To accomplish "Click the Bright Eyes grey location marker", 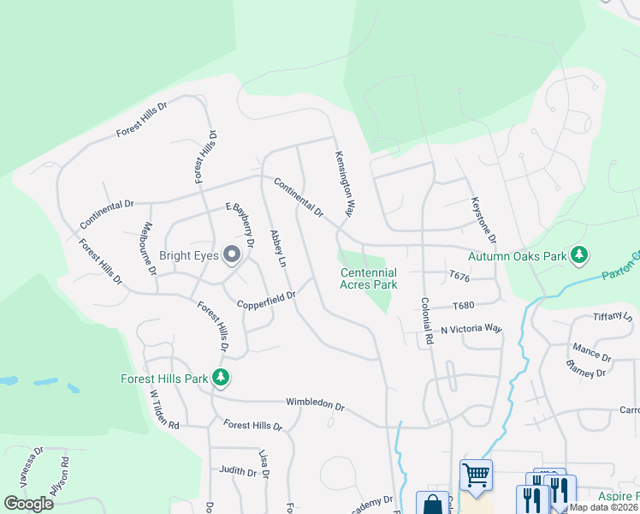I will (231, 254).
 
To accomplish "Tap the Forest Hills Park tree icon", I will (221, 377).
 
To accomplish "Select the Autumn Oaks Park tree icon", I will (579, 254).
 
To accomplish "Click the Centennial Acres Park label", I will (369, 278).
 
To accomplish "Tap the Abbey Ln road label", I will (277, 250).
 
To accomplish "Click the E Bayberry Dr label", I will (240, 225).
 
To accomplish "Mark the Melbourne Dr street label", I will (147, 248).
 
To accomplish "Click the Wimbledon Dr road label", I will (315, 405).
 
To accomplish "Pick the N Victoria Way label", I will (471, 329).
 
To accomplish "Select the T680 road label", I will (463, 305).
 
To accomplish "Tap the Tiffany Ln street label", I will (613, 317).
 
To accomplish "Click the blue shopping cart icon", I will (476, 474).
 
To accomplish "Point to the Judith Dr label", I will (238, 471).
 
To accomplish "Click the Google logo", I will (28, 504).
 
